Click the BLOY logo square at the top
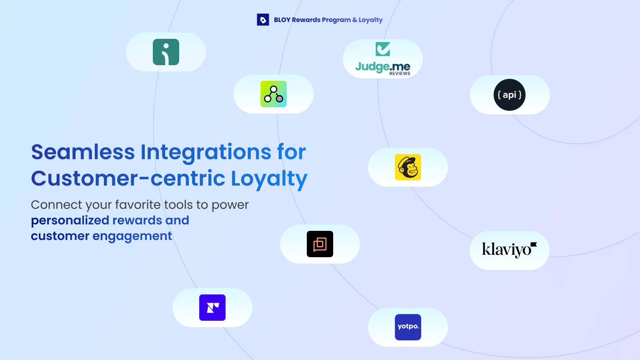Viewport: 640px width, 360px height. click(263, 20)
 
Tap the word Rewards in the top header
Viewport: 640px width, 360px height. click(306, 20)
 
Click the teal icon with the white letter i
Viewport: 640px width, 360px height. click(166, 52)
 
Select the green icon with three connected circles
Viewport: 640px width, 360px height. click(274, 94)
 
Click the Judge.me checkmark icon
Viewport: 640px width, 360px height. click(383, 49)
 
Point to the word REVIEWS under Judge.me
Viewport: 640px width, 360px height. click(400, 74)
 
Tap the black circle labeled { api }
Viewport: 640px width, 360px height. click(510, 95)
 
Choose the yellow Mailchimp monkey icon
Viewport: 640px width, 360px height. click(408, 167)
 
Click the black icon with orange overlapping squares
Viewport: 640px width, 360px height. click(320, 244)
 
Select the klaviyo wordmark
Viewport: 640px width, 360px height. click(510, 250)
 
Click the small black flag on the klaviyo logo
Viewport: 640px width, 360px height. click(534, 244)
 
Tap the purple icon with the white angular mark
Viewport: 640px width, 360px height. click(212, 308)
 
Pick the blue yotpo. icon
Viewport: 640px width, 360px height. click(408, 327)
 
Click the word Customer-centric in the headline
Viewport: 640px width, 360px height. click(128, 178)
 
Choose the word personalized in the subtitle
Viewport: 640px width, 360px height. click(70, 221)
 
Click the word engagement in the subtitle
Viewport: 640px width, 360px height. click(132, 236)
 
